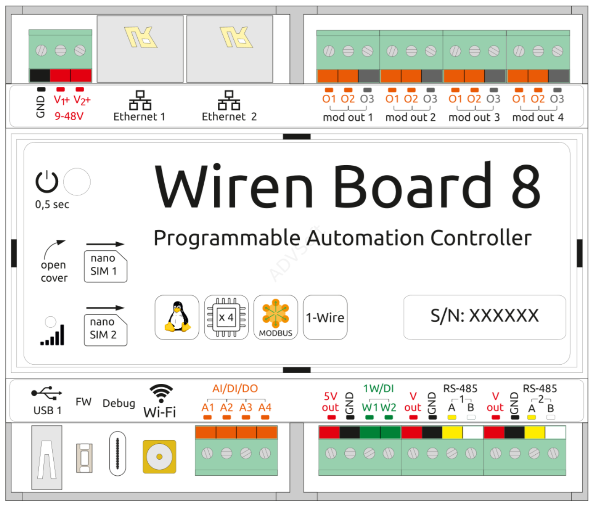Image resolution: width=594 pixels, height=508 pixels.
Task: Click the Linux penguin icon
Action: (x=177, y=317)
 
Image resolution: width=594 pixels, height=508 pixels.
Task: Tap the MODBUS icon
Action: (x=276, y=317)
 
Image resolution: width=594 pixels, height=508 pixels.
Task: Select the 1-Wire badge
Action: (x=325, y=317)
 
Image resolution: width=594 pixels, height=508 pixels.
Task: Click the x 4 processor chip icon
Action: (x=226, y=317)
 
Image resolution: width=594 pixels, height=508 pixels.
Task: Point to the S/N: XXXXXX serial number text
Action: (x=484, y=315)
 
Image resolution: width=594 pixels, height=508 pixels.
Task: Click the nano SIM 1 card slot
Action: (x=105, y=266)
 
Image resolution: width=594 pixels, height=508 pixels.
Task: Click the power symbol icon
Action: (x=47, y=182)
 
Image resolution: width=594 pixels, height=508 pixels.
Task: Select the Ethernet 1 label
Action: (x=139, y=117)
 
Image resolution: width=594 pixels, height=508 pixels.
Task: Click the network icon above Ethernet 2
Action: (x=229, y=100)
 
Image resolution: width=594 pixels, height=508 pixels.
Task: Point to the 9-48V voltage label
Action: (x=69, y=116)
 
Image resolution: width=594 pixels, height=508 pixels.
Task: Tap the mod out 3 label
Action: (x=474, y=117)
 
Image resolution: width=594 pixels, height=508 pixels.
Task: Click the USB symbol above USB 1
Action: (x=46, y=392)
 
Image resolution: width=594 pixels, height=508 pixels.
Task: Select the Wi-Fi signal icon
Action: (x=161, y=393)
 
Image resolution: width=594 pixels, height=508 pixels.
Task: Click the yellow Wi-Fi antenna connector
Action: (x=159, y=457)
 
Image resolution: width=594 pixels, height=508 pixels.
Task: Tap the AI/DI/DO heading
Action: (x=235, y=388)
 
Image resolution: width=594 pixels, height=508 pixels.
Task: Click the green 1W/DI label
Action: (x=378, y=388)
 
